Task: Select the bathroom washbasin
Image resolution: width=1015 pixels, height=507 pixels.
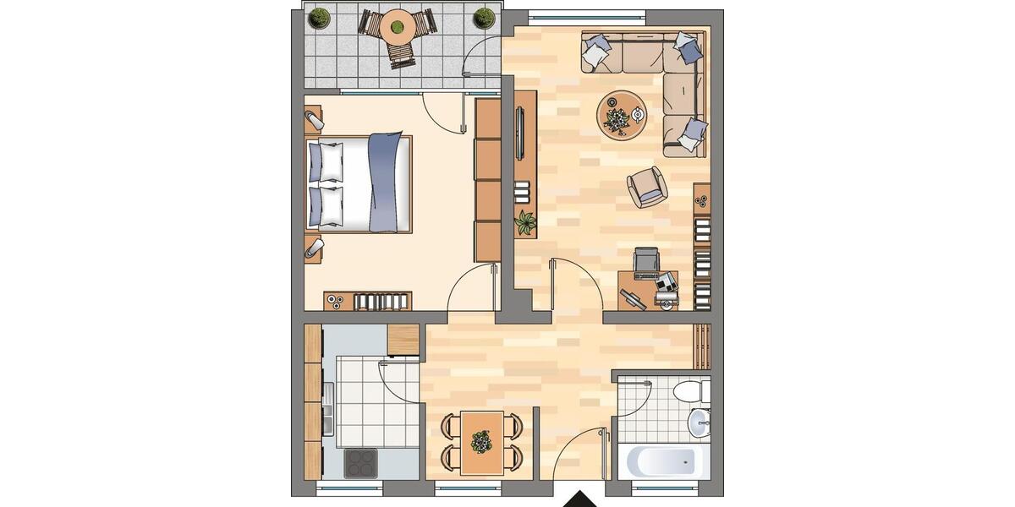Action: pyautogui.click(x=699, y=422)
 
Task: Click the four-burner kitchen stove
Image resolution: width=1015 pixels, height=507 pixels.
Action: pyautogui.click(x=361, y=462)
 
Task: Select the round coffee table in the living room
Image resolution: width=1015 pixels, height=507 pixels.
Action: pyautogui.click(x=622, y=114)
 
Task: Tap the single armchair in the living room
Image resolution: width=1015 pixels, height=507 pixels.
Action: pyautogui.click(x=647, y=186)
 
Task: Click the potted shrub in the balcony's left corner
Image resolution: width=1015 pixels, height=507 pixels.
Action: pyautogui.click(x=319, y=17)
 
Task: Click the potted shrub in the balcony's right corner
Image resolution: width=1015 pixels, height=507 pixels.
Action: pyautogui.click(x=484, y=17)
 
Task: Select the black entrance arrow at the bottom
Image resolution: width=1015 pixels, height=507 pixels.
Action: pyautogui.click(x=579, y=499)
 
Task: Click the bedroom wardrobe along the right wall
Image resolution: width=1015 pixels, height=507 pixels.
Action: pyautogui.click(x=488, y=179)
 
